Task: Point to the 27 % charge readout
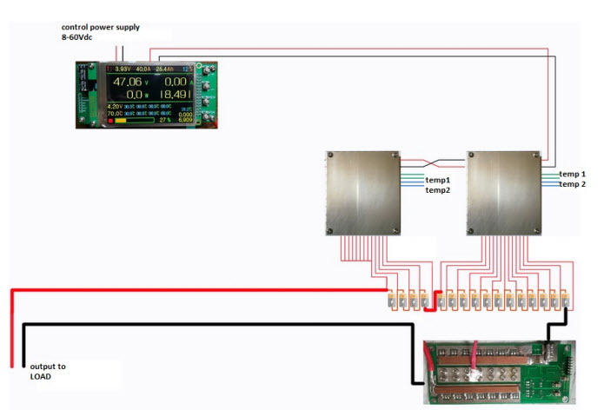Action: pyautogui.click(x=165, y=120)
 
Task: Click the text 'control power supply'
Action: pyautogui.click(x=99, y=27)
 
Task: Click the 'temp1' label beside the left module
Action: pyautogui.click(x=437, y=180)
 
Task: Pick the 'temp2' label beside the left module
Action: pyautogui.click(x=437, y=190)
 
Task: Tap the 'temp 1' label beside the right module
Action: pyautogui.click(x=572, y=174)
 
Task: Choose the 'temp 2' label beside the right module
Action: pyautogui.click(x=572, y=184)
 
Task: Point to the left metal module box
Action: pyautogui.click(x=363, y=193)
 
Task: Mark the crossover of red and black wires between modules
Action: pyautogui.click(x=435, y=162)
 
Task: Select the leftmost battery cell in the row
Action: pyautogui.click(x=391, y=301)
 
